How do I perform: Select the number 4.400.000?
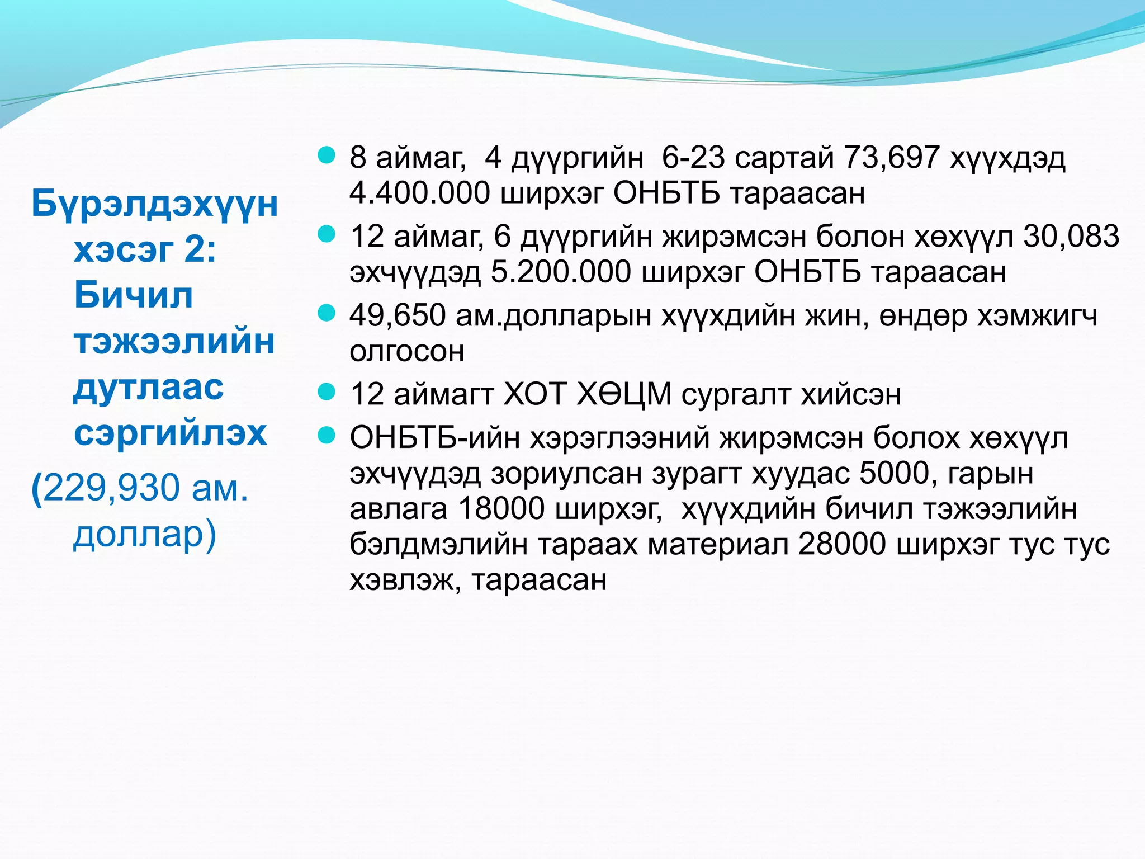pos(419,193)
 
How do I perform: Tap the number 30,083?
pos(1071,237)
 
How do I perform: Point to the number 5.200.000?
pos(561,272)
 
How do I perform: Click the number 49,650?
pos(398,315)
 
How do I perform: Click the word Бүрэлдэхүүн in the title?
pos(154,204)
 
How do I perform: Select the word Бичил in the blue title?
pos(133,295)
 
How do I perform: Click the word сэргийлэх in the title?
pos(171,432)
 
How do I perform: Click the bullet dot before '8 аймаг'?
pos(326,155)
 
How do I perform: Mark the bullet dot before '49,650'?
pos(326,313)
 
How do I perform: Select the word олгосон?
pos(407,351)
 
